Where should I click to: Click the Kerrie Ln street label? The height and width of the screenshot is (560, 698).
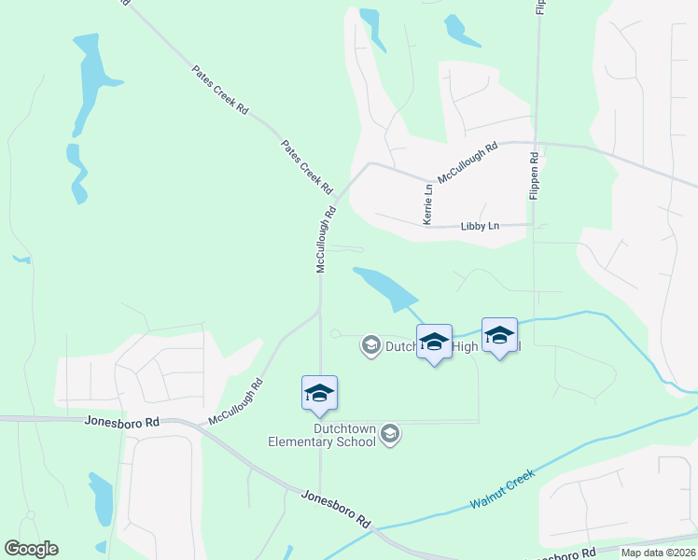(428, 203)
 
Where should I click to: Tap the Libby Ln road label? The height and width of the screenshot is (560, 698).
(481, 226)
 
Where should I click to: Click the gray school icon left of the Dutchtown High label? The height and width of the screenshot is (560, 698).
(370, 346)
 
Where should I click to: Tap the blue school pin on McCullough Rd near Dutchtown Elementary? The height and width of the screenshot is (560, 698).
(319, 394)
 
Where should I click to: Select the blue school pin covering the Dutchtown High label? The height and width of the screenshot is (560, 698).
(434, 343)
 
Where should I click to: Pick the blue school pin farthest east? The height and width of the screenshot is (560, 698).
(499, 336)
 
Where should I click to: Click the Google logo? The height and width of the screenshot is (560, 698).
(32, 549)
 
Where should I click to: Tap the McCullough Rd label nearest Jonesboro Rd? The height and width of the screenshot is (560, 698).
(235, 402)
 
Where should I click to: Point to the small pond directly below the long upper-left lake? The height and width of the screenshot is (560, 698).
(77, 173)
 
